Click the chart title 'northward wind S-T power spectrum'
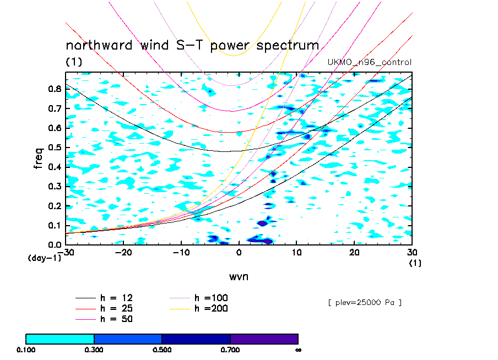click(x=192, y=45)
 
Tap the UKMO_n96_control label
click(x=369, y=62)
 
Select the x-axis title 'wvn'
click(x=239, y=276)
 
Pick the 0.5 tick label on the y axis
click(x=54, y=147)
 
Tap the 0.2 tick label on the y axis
click(x=54, y=205)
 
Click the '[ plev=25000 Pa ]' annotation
click(x=364, y=303)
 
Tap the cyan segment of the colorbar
click(x=60, y=339)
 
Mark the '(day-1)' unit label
click(x=44, y=258)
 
